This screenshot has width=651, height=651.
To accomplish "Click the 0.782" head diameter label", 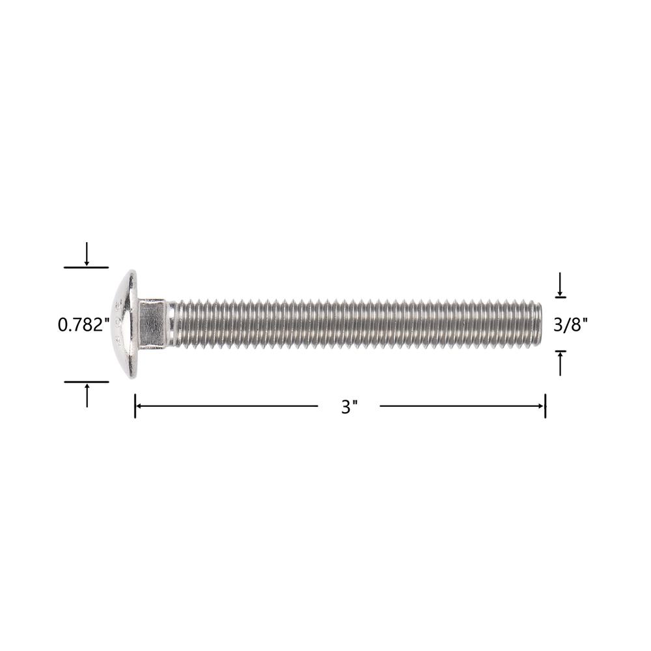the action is [x=83, y=325].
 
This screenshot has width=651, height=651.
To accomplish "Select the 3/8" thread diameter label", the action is [x=570, y=325].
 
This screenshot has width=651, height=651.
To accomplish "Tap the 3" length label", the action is [x=349, y=407].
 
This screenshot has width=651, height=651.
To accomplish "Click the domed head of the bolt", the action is [x=124, y=324].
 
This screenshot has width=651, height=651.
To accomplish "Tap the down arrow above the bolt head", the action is [x=87, y=254].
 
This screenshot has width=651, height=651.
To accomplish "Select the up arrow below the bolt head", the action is [x=87, y=395].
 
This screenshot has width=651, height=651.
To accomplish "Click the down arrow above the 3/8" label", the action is [x=561, y=284].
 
